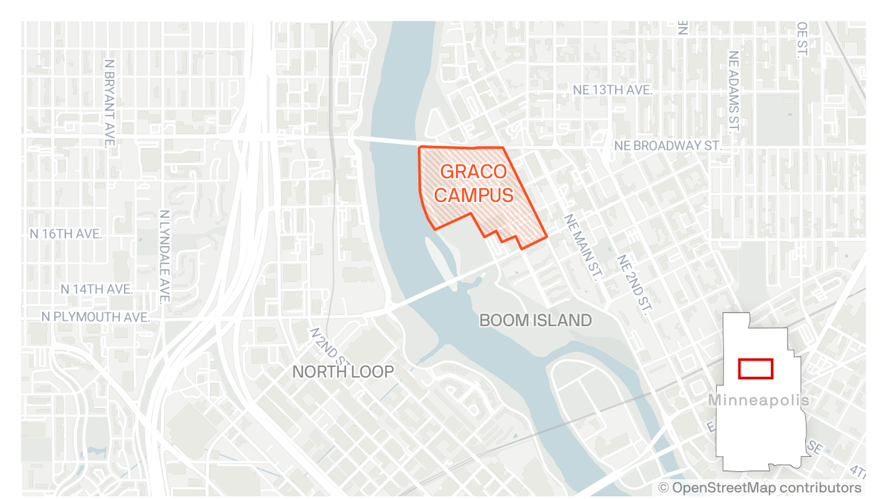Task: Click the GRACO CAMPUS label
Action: [x=473, y=183]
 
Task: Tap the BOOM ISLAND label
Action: [x=535, y=320]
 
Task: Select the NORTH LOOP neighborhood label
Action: [x=343, y=372]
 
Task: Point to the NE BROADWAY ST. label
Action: [x=668, y=146]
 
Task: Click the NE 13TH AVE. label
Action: [x=612, y=90]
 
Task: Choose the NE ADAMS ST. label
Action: [x=734, y=91]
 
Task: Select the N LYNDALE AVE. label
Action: [x=164, y=255]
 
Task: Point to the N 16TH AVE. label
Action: [x=66, y=234]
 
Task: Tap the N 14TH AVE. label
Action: [x=97, y=288]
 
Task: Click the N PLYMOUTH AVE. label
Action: [x=95, y=317]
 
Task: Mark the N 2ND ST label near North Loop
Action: [x=329, y=346]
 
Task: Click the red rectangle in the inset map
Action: [x=755, y=368]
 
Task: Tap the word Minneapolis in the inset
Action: [x=758, y=400]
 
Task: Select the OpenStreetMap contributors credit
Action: [x=760, y=487]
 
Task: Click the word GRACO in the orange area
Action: [x=473, y=172]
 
